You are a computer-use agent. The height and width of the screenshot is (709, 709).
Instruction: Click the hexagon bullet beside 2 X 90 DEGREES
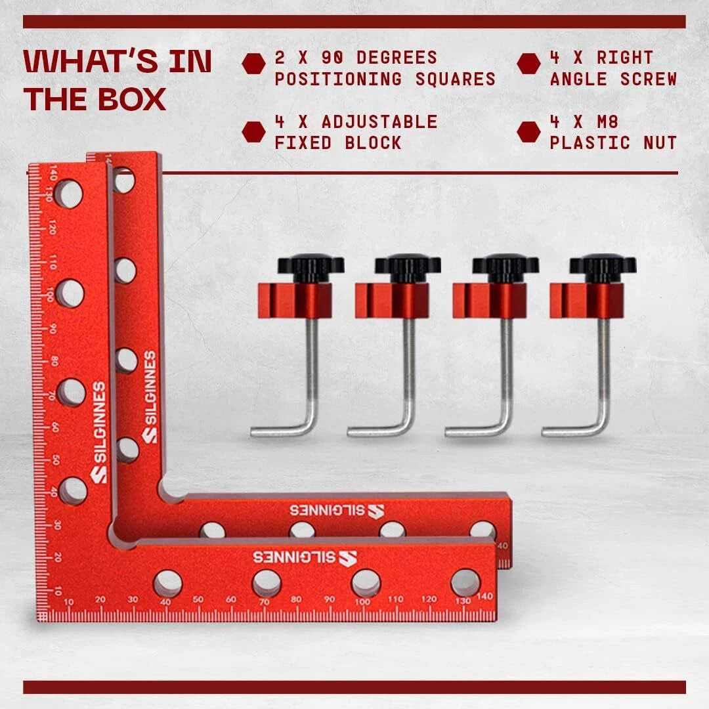253,64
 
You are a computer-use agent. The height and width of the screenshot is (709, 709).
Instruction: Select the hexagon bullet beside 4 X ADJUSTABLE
253,131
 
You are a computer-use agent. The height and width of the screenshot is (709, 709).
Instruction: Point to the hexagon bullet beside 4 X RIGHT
528,64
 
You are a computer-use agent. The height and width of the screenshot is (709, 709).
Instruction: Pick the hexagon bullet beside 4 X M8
528,131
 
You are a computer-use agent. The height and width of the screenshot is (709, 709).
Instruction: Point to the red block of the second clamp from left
392,300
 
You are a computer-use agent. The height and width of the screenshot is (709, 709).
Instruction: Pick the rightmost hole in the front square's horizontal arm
465,582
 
